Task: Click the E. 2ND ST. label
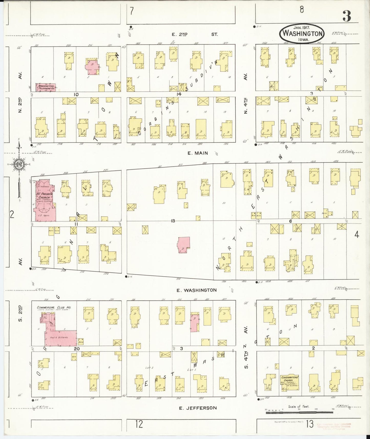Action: [x=195, y=34]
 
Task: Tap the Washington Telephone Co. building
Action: [x=46, y=87]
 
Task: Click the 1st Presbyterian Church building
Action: [x=45, y=201]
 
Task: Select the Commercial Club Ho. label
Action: [x=54, y=307]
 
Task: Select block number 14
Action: [x=179, y=94]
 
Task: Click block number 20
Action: [x=77, y=349]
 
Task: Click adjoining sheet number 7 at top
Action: [x=132, y=12]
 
